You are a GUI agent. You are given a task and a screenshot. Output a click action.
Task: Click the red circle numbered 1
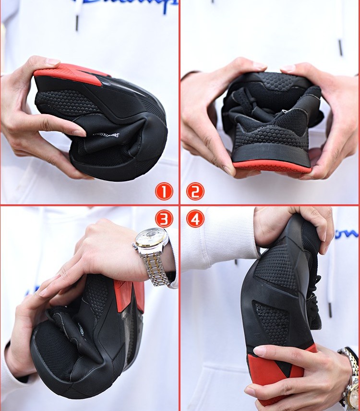pos(164,192)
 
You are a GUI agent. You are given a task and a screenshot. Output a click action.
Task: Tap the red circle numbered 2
pos(195,192)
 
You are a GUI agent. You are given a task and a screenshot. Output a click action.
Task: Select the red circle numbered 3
pos(164,219)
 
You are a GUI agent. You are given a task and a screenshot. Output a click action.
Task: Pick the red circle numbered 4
pos(195,219)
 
